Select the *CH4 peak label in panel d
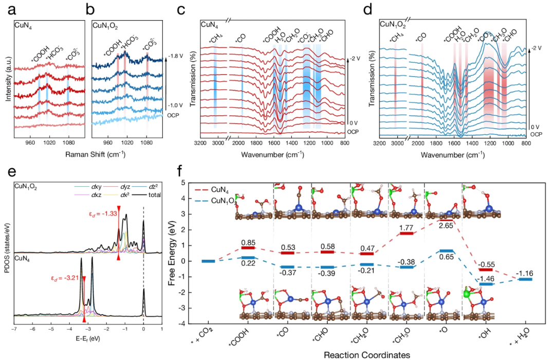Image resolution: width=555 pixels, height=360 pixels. click(395, 38)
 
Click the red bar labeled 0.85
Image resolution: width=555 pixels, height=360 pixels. click(248, 247)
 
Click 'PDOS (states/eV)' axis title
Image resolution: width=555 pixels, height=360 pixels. click(6, 254)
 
